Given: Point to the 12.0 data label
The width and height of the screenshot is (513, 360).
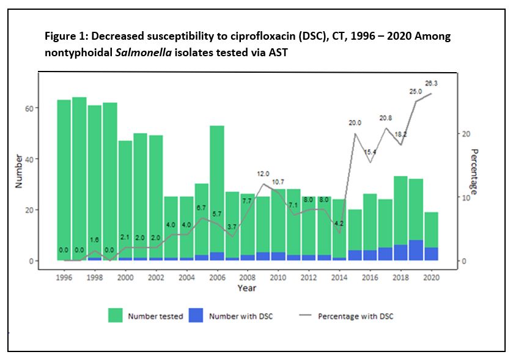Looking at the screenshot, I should [264, 174].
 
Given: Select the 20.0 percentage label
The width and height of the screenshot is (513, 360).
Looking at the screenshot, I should [355, 123].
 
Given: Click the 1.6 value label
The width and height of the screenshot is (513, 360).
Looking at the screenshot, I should [95, 240].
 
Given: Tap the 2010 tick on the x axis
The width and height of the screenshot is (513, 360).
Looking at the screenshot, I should [278, 277].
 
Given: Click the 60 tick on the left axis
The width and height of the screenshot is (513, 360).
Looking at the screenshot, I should [29, 108].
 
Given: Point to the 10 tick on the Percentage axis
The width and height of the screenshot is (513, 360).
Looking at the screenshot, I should [466, 197].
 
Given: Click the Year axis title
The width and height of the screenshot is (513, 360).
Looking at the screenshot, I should [247, 288].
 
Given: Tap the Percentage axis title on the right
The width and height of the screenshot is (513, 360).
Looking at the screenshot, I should [474, 171].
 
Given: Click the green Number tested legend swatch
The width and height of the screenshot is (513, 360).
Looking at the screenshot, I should [115, 315].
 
